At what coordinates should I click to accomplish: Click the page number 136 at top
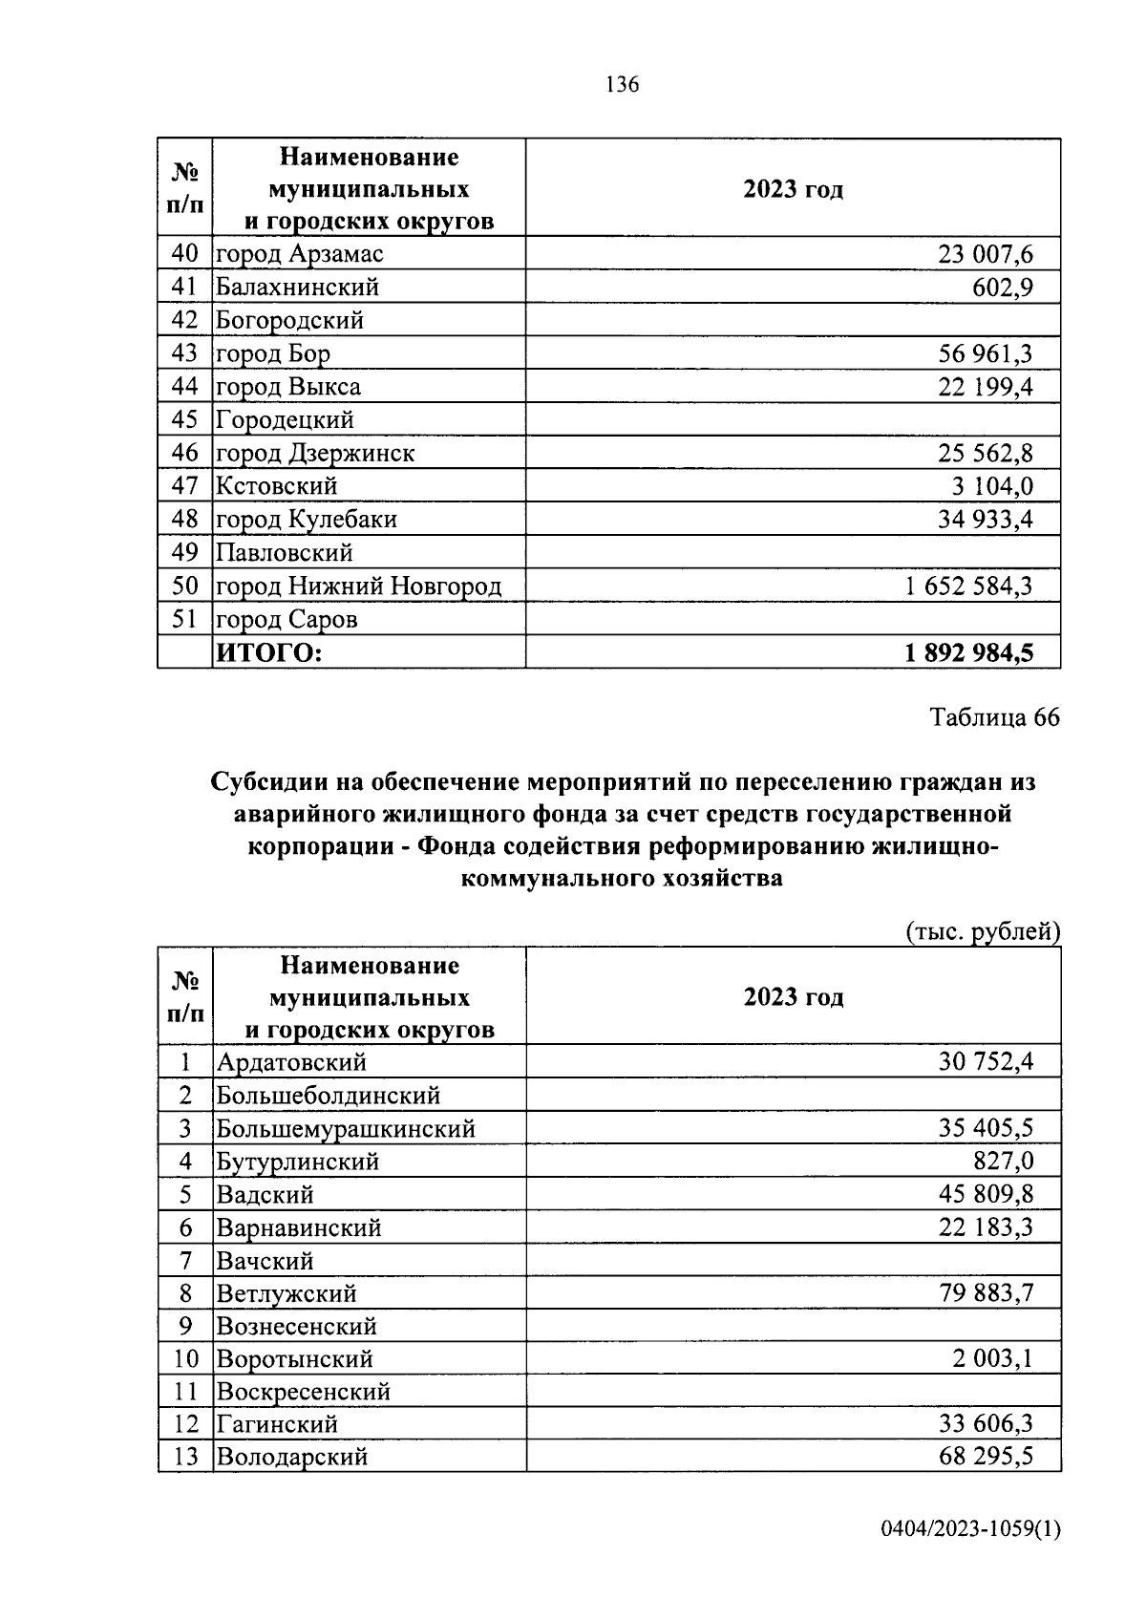pos(622,85)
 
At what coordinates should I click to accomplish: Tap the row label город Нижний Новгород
pos(358,587)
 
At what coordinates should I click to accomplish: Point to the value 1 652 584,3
pos(968,587)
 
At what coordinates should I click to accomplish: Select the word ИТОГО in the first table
pos(269,653)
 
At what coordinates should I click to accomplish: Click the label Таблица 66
pos(995,718)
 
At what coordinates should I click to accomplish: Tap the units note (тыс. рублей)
pos(983,931)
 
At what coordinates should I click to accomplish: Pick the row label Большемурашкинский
pos(346,1129)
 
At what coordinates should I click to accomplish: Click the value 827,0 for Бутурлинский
pos(1004,1162)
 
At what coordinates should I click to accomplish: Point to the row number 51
pos(184,620)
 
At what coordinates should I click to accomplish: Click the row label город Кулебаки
pos(306,520)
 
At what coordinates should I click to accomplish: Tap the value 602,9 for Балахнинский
pos(1002,288)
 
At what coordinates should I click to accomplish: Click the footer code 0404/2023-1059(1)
pos(970,1529)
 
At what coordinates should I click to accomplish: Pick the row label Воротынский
pos(295,1359)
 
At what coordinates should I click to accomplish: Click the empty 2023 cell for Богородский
pos(793,320)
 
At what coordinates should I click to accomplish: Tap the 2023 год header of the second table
pos(793,997)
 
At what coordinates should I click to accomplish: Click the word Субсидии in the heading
pos(268,782)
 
